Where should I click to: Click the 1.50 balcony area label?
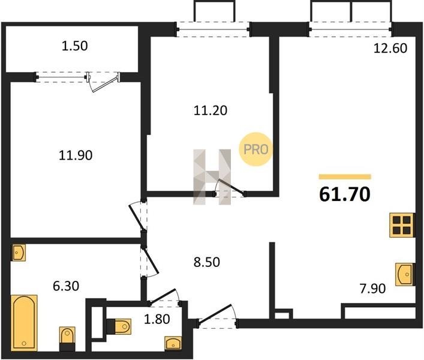click(x=74, y=46)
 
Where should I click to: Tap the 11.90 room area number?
click(x=76, y=155)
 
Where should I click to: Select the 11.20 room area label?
click(x=211, y=110)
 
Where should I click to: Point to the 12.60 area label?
click(x=390, y=49)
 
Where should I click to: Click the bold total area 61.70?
click(x=345, y=194)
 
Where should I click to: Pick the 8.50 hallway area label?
click(x=207, y=262)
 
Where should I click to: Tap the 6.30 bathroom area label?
click(x=66, y=286)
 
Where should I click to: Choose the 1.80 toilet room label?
click(x=157, y=319)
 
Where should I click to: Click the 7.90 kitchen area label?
click(x=372, y=289)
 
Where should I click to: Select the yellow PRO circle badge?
click(x=255, y=149)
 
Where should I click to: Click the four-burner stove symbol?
click(x=402, y=226)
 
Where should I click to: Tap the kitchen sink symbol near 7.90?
click(x=405, y=274)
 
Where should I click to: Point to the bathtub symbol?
click(x=24, y=323)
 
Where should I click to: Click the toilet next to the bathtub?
click(x=67, y=338)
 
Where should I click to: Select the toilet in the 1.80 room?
click(x=119, y=326)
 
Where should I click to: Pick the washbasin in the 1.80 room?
click(x=173, y=343)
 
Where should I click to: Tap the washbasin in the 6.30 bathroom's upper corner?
click(x=19, y=253)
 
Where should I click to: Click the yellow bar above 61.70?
click(x=345, y=177)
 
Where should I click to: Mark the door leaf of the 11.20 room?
click(x=232, y=187)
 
